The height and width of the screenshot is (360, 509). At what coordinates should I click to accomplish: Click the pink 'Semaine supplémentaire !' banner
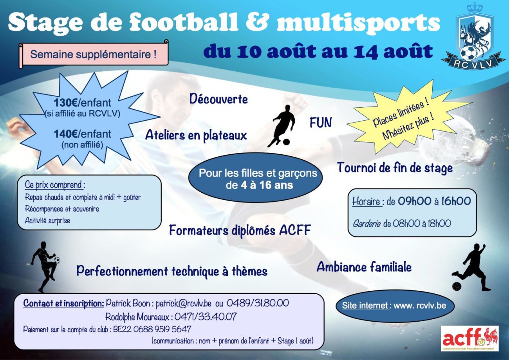pyautogui.click(x=94, y=54)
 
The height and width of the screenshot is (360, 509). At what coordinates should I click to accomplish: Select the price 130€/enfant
pyautogui.click(x=83, y=103)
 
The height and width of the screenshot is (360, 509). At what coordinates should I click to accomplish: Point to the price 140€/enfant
pyautogui.click(x=83, y=134)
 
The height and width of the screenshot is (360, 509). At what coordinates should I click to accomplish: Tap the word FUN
pyautogui.click(x=321, y=122)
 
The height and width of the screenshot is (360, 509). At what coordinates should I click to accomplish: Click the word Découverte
pyautogui.click(x=218, y=99)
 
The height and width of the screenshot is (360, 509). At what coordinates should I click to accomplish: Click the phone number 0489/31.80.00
pyautogui.click(x=258, y=303)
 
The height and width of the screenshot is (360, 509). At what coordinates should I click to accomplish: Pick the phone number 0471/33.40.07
pyautogui.click(x=206, y=317)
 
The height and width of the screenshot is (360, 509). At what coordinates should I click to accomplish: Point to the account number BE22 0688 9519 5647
pyautogui.click(x=152, y=329)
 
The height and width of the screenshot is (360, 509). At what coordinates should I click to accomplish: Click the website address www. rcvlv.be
pyautogui.click(x=420, y=306)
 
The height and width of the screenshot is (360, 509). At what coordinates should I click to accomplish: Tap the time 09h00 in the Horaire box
pyautogui.click(x=414, y=201)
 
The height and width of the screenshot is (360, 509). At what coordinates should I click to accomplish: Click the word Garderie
pyautogui.click(x=366, y=223)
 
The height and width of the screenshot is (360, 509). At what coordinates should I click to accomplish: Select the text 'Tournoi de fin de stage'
pyautogui.click(x=395, y=168)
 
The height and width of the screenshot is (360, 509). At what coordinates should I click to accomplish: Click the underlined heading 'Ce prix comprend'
pyautogui.click(x=54, y=185)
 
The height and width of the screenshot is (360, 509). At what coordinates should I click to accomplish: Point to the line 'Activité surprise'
pyautogui.click(x=47, y=221)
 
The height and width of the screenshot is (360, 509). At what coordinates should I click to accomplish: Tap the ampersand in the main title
pyautogui.click(x=257, y=22)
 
